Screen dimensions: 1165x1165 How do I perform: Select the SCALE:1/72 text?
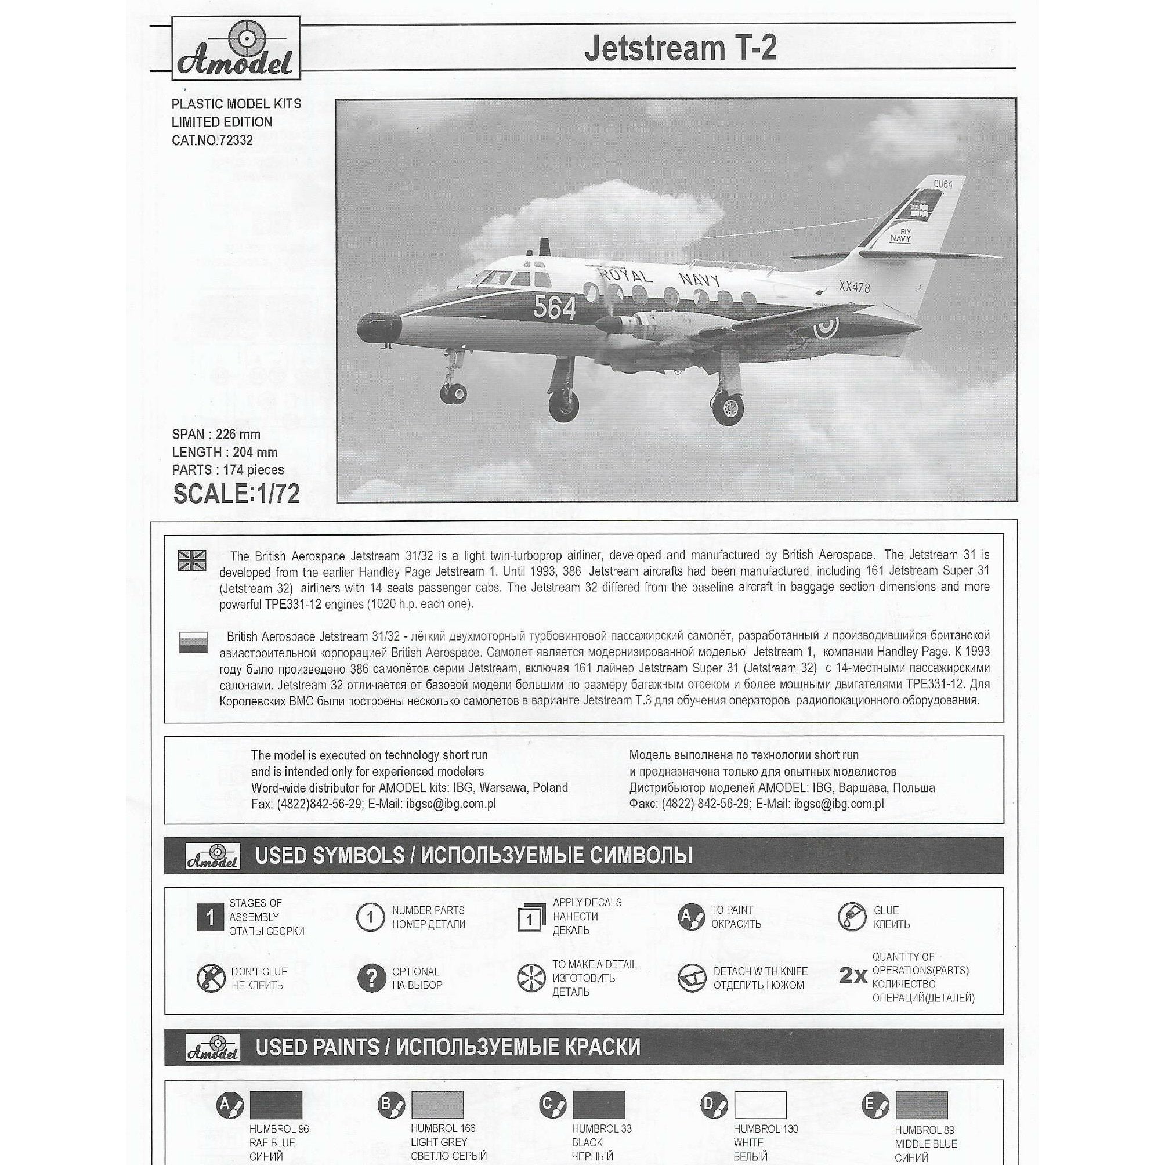pos(236,494)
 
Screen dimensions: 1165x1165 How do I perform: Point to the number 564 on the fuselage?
pos(554,308)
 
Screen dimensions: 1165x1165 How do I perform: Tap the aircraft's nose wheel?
pos(453,395)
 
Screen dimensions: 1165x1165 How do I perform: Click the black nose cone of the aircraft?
pos(378,328)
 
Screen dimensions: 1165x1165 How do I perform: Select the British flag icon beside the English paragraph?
pos(193,560)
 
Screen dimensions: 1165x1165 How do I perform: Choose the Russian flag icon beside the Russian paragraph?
pos(193,642)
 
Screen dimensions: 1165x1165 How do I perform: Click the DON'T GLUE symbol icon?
pos(211,978)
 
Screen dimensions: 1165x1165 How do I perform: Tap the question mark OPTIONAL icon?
pos(371,978)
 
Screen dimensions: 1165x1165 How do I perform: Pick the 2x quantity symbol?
pos(853,975)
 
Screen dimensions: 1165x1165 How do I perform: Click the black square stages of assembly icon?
pos(210,918)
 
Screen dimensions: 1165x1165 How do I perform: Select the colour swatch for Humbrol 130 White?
pos(760,1121)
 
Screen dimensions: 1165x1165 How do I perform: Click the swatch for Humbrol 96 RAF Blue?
pos(276,1121)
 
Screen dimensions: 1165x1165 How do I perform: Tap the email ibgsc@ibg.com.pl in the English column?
pos(450,804)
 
